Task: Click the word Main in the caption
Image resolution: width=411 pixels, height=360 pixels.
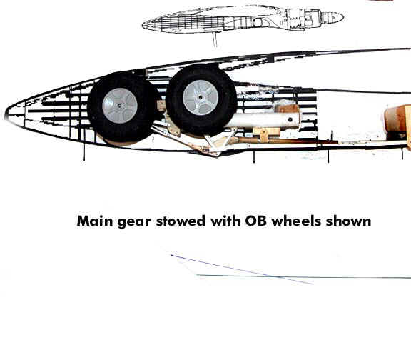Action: click(x=95, y=221)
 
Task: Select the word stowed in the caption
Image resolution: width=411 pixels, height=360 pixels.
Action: click(x=181, y=221)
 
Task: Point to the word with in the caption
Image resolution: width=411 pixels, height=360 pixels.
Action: click(x=225, y=221)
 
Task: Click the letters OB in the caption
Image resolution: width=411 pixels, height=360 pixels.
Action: click(x=256, y=221)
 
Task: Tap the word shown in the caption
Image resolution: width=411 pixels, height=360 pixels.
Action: click(x=348, y=221)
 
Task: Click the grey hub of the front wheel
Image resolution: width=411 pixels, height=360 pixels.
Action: click(x=201, y=98)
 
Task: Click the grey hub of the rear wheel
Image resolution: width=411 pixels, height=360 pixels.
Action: click(x=120, y=106)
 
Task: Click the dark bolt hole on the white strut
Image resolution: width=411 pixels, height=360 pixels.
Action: click(x=290, y=120)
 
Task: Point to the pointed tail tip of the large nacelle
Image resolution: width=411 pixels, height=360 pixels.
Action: click(x=5, y=114)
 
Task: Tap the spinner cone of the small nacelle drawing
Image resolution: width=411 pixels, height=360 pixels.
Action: click(x=333, y=18)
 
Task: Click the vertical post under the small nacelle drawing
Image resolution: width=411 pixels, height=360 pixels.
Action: click(x=215, y=39)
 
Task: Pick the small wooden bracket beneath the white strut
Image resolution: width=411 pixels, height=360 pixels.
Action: click(x=266, y=134)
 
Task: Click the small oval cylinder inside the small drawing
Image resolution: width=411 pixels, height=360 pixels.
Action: click(x=258, y=23)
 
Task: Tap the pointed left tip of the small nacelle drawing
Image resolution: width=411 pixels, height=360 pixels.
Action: click(x=143, y=26)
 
